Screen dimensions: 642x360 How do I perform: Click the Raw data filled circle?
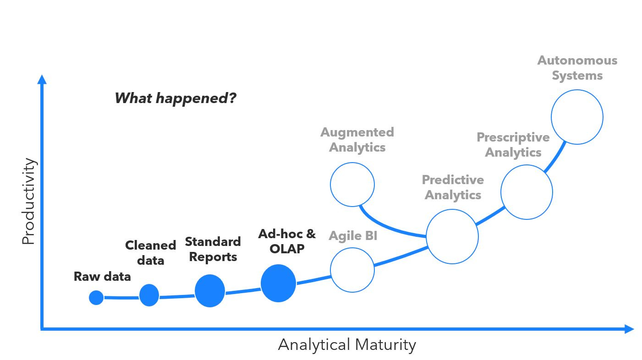click(96, 298)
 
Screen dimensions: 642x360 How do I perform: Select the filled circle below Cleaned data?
click(149, 295)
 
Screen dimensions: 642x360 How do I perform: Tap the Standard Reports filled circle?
click(210, 291)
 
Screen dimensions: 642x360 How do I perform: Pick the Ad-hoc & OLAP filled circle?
click(278, 284)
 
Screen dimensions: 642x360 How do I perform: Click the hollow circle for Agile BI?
click(352, 270)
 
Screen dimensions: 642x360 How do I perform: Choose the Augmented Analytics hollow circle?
click(352, 185)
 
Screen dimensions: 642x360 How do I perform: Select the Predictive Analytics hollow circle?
click(452, 236)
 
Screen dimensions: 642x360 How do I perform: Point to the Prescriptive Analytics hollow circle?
click(527, 192)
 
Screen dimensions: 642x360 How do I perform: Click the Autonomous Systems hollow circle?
click(577, 117)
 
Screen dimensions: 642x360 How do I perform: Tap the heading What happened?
click(175, 98)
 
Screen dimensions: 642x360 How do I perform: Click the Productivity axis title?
click(28, 201)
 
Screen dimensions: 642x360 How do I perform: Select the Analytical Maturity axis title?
click(347, 344)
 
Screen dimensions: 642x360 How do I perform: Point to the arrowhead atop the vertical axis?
click(42, 80)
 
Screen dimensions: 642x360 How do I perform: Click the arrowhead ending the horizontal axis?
click(629, 329)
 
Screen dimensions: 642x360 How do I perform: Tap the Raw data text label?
click(102, 277)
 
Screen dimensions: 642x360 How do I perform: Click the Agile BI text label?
click(353, 236)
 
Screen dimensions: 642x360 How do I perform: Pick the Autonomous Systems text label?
click(577, 68)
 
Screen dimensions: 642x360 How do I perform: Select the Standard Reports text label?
click(213, 249)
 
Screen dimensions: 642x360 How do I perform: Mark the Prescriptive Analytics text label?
click(513, 145)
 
